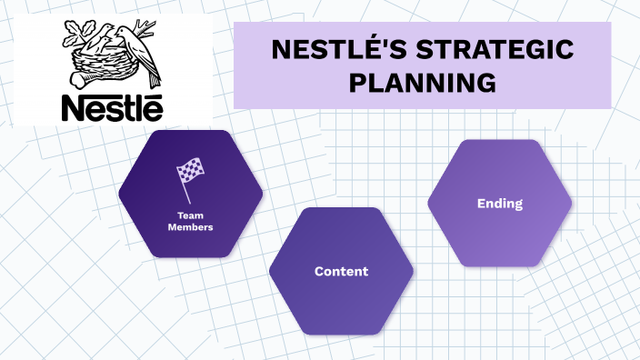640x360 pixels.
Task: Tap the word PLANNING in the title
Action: pos(423,84)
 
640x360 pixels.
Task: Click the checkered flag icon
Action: pos(189,169)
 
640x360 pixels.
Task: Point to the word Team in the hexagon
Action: pos(190,216)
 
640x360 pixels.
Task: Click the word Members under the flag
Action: pos(190,227)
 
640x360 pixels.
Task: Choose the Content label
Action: pos(341,271)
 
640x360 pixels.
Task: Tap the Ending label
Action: pos(499,204)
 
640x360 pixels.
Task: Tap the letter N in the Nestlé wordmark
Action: pos(75,106)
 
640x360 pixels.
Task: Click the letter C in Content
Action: pos(319,271)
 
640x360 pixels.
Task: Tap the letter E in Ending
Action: pos(481,204)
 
